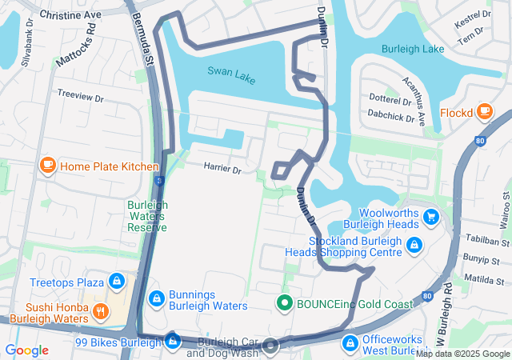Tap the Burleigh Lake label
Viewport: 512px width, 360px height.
(x=413, y=49)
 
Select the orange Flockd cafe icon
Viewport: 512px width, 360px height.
(x=484, y=112)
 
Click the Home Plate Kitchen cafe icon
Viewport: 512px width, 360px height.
(x=47, y=166)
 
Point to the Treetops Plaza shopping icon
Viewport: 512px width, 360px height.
(x=117, y=282)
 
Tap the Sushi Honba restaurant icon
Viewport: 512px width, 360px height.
(x=101, y=311)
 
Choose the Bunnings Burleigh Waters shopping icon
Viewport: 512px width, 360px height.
(x=156, y=298)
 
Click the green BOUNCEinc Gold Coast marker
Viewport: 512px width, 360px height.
(x=283, y=303)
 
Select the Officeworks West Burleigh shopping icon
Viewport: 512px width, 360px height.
(x=350, y=343)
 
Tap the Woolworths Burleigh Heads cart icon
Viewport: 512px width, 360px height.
(x=431, y=216)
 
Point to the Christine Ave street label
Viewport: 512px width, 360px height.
(x=70, y=15)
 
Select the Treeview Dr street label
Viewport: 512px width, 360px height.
(x=81, y=95)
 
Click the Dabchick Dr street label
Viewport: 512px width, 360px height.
(x=390, y=117)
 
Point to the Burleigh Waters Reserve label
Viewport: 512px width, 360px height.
(x=148, y=216)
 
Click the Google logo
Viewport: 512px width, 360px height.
(x=26, y=350)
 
